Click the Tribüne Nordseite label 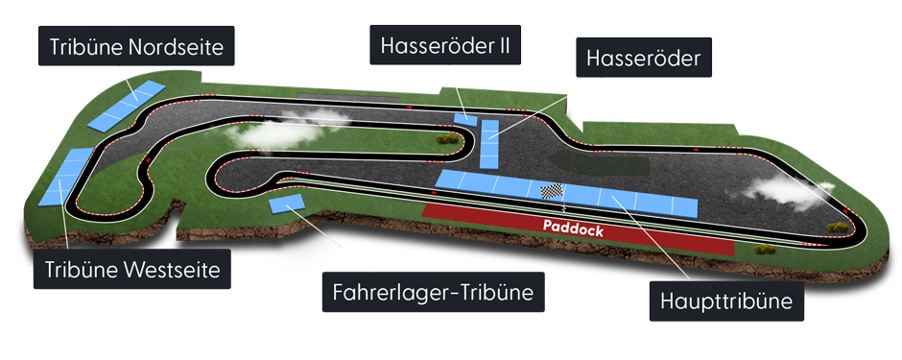point(136,46)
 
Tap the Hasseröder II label point(444,45)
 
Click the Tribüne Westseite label point(132,270)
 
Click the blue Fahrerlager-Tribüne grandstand point(287,204)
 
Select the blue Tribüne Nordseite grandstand point(125,107)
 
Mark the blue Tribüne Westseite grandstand point(61,178)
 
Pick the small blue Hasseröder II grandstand point(465,117)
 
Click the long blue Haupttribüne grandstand point(565,194)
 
